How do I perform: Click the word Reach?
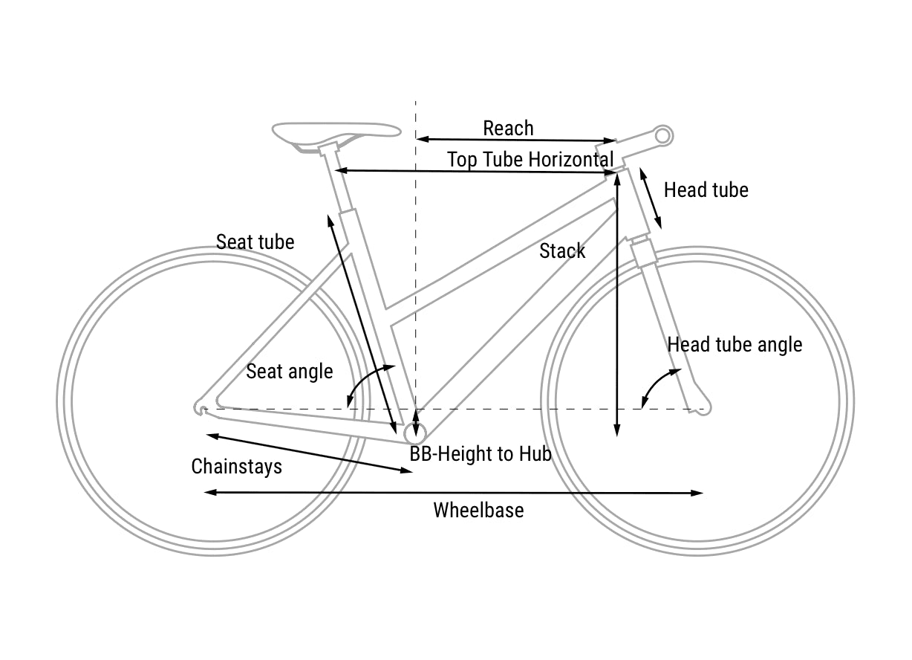click(508, 129)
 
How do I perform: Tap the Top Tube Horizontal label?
click(530, 160)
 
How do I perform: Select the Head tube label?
click(706, 190)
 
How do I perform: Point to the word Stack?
click(562, 251)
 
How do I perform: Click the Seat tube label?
click(255, 242)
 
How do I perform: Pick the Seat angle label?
click(289, 371)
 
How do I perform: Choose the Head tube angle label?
click(735, 345)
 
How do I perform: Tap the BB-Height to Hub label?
click(481, 453)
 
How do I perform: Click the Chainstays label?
click(236, 467)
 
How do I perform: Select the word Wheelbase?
click(478, 511)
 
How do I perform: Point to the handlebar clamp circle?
click(663, 135)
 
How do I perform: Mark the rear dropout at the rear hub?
click(201, 407)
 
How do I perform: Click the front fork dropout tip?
click(701, 407)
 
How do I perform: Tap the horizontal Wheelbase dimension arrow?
click(453, 492)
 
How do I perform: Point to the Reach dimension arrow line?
click(516, 140)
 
